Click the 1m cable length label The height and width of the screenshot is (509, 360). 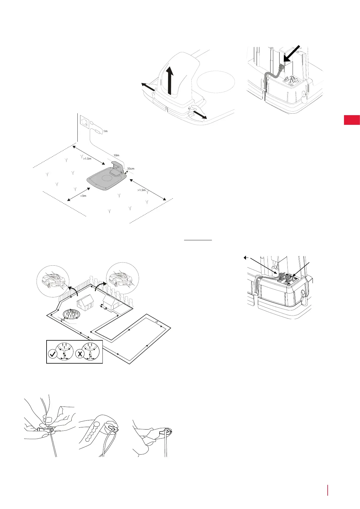click(105, 131)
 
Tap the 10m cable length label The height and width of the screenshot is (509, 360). click(116, 155)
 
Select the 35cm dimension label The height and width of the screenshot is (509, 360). click(131, 169)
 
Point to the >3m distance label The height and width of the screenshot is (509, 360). click(83, 196)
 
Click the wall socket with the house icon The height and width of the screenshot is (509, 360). click(84, 122)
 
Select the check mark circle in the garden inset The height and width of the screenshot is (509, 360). click(53, 354)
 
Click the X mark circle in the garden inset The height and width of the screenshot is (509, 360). click(79, 354)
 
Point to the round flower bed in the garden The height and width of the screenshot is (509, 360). click(72, 314)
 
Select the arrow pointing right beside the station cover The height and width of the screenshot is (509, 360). click(199, 115)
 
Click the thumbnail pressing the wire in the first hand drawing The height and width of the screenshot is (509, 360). click(47, 420)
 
